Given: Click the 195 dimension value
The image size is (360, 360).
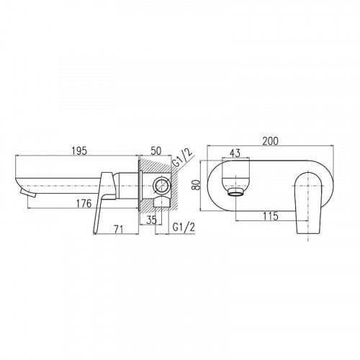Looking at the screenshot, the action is point(79,150).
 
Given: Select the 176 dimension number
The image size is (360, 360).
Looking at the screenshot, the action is point(84,204).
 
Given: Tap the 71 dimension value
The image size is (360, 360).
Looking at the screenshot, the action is point(118,230).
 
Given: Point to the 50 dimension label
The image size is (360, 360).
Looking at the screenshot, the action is point(156,150).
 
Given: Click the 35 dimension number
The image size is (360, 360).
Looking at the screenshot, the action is point(152,220).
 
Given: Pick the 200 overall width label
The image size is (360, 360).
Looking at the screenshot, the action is point(270,141).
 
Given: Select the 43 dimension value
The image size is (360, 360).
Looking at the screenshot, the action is point(235,153).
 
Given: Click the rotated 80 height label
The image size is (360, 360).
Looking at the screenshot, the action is point(197,185).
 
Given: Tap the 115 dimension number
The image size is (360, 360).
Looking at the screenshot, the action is point(271,216).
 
